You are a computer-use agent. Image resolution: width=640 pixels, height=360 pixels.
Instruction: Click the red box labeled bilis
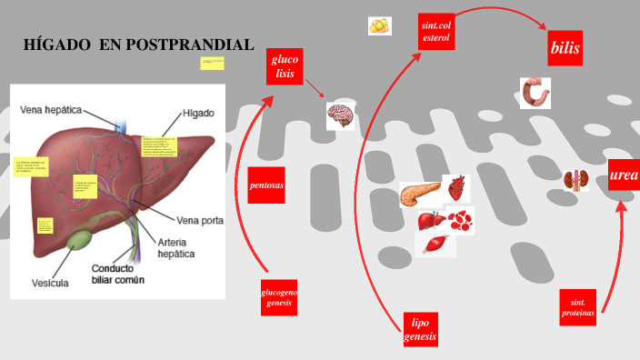coord(565,47)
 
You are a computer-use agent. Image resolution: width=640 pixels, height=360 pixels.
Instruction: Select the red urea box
coord(624,175)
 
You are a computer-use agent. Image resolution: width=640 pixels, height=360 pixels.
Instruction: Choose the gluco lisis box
coord(283,66)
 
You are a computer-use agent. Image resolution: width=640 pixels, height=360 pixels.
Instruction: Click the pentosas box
coord(266,185)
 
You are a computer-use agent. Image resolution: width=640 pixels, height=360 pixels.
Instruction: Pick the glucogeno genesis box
coord(279,297)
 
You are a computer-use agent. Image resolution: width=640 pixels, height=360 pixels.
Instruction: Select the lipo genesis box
coord(420,329)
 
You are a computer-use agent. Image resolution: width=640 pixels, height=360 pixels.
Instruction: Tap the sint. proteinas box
coord(578,308)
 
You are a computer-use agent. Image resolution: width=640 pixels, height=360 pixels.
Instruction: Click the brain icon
coord(340,115)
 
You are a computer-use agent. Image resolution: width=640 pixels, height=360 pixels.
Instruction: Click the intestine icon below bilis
coord(535,93)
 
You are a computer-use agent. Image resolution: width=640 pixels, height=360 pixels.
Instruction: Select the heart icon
coord(456,188)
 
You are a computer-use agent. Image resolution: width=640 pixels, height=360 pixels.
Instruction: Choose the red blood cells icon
coord(462,219)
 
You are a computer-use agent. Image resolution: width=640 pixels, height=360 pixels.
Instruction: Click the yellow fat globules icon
coord(380,26)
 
